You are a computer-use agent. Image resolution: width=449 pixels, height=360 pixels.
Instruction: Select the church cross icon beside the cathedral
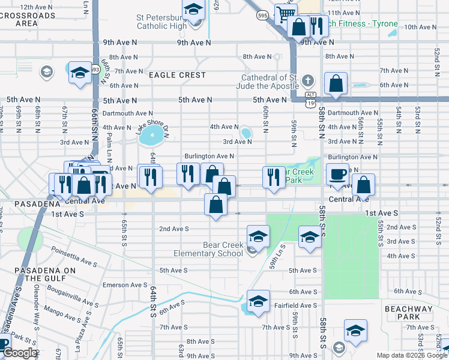click(308, 80)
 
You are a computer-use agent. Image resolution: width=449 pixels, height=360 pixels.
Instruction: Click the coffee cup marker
click(337, 174)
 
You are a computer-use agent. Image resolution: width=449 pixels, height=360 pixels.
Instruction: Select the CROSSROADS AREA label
click(28, 19)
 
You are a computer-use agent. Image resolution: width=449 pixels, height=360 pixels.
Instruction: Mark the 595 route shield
click(262, 14)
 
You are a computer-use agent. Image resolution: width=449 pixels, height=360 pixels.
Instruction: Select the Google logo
click(19, 353)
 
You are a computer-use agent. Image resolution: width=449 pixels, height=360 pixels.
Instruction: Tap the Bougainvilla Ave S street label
click(73, 299)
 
